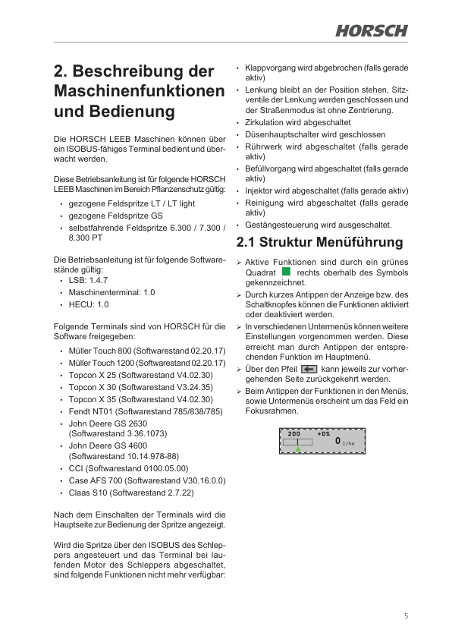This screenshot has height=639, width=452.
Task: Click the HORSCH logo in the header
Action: [x=371, y=30]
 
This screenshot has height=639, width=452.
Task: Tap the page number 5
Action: [x=406, y=615]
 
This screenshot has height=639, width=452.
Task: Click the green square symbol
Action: [x=286, y=271]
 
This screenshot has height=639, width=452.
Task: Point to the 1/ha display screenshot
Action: [x=323, y=439]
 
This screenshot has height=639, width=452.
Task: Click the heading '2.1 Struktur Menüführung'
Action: [x=319, y=243]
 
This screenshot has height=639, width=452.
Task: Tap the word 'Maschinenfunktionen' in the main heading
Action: [x=140, y=92]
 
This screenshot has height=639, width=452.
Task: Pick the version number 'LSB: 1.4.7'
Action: [x=88, y=280]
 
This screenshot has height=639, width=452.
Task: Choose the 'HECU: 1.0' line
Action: [x=89, y=304]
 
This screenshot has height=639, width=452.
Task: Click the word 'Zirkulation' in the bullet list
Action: [x=266, y=122]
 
